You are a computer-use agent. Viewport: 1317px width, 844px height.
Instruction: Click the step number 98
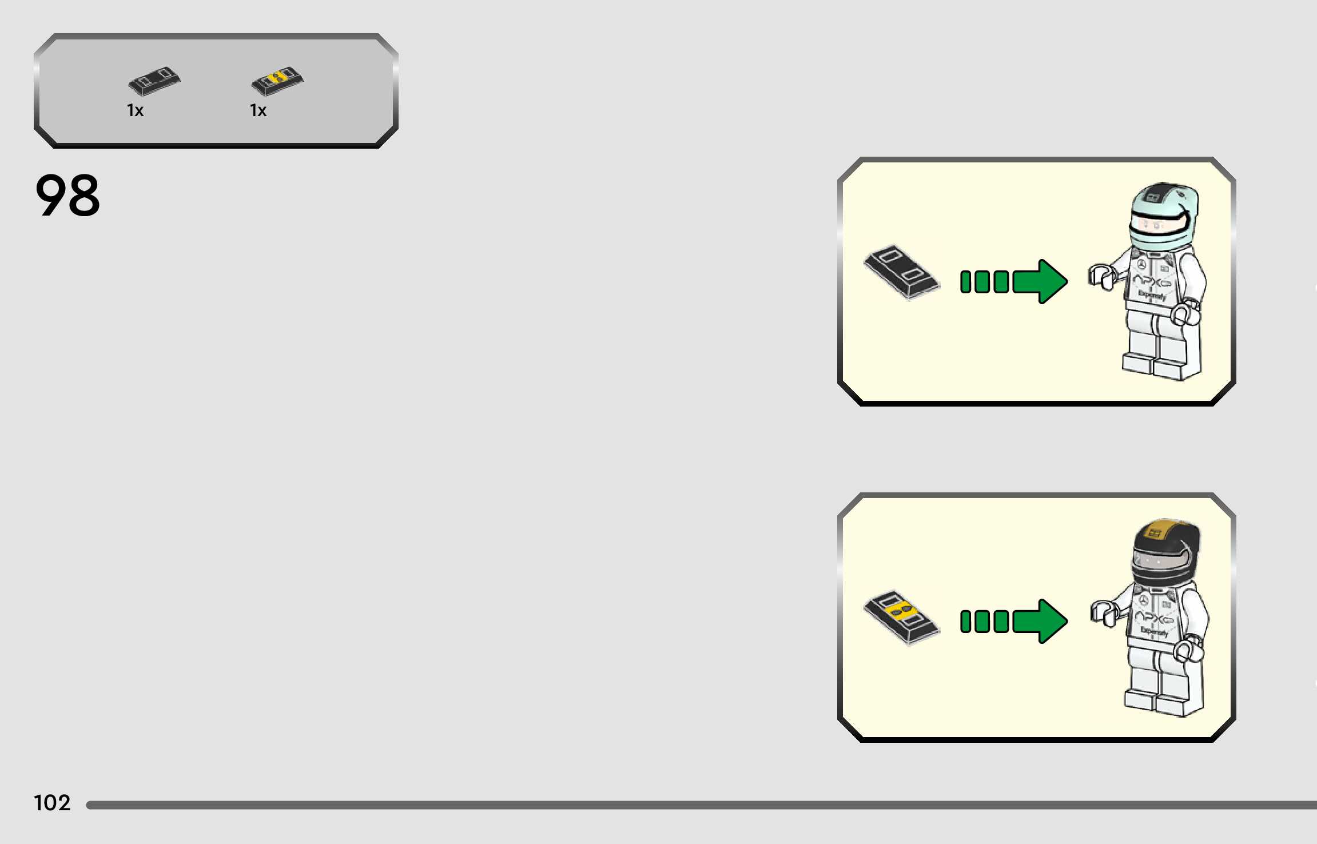tap(67, 196)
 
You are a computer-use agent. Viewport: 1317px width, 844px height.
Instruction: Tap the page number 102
tap(52, 803)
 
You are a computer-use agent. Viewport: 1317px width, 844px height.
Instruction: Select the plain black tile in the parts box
tap(154, 81)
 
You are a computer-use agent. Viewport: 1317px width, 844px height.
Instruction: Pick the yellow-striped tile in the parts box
tap(278, 81)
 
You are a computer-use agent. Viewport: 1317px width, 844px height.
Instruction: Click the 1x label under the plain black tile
tap(135, 110)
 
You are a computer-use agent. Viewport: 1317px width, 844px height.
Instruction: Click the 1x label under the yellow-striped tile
tap(258, 110)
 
